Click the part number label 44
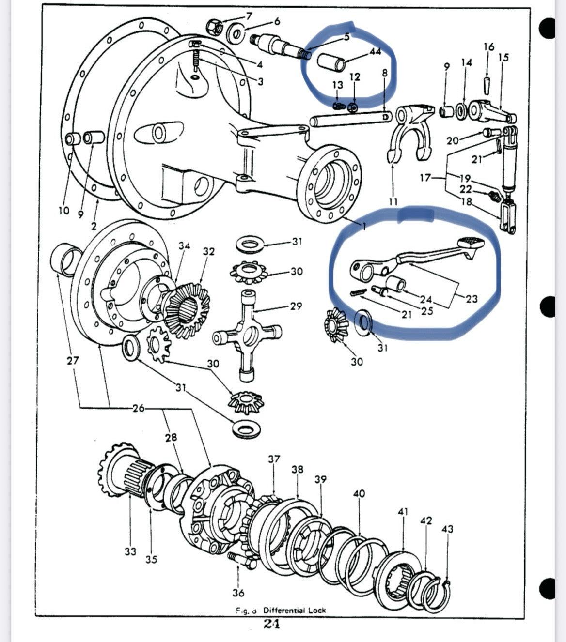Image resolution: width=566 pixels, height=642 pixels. click(375, 51)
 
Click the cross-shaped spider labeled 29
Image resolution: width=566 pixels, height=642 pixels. click(247, 334)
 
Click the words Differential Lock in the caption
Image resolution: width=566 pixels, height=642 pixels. click(294, 610)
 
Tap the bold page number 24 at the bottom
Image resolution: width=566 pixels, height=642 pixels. click(271, 624)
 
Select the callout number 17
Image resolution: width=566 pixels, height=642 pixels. click(425, 178)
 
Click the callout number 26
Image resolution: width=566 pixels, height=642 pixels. click(139, 408)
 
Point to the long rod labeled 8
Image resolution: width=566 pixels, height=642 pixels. click(349, 119)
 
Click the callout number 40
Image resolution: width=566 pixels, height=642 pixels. click(359, 494)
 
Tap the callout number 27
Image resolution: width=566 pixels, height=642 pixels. click(73, 361)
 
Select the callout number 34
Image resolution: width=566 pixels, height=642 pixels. click(184, 246)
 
